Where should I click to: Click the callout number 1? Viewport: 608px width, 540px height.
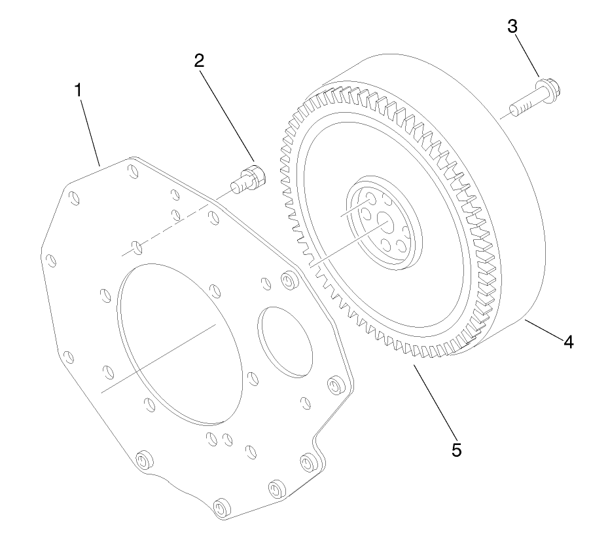[x=79, y=90]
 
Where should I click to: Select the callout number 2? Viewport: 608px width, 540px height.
[x=199, y=60]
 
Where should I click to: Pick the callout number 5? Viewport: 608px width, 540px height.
[x=456, y=450]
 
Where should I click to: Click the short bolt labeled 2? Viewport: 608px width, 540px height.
[x=248, y=178]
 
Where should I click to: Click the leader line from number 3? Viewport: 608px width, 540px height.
[x=528, y=56]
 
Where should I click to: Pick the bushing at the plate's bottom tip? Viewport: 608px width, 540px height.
[x=223, y=509]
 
